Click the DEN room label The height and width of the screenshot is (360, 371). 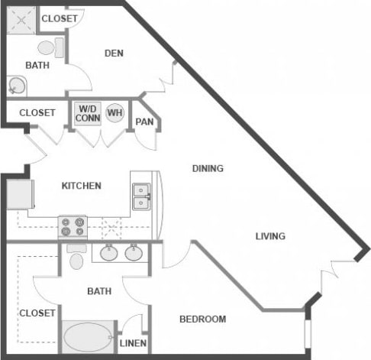coord(113,54)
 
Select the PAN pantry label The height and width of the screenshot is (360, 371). coord(144,122)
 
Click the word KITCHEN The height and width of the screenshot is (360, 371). coord(81,186)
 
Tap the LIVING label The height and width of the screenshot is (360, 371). coord(270,236)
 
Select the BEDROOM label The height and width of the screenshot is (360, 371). coord(202,319)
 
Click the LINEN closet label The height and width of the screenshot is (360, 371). coord(133,343)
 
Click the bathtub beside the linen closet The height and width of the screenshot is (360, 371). coord(86,336)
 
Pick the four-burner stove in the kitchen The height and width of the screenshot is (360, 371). coord(73,226)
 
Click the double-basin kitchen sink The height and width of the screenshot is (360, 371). coord(141,196)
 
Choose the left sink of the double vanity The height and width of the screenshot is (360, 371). coord(108,253)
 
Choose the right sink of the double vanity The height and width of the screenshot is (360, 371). coord(134,253)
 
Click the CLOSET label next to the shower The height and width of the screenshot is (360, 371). coord(58,18)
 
